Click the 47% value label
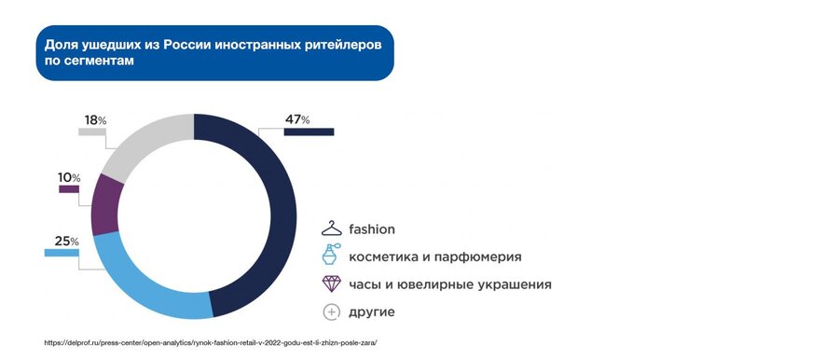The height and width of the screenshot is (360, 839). click(x=297, y=120)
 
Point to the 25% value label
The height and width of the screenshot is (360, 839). click(x=67, y=242)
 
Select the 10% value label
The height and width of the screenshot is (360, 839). click(x=69, y=178)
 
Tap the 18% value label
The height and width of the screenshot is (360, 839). click(x=95, y=120)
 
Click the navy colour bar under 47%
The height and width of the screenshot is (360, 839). click(x=309, y=132)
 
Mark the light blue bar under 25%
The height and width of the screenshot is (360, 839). click(x=62, y=253)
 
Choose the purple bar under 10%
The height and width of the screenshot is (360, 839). click(x=69, y=189)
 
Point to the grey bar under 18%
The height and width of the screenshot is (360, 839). click(x=92, y=132)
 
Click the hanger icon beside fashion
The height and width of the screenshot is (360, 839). click(x=331, y=228)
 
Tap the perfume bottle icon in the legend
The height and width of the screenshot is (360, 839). click(x=330, y=255)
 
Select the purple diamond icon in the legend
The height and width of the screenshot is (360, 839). click(x=331, y=284)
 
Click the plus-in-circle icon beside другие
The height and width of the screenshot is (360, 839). click(x=332, y=312)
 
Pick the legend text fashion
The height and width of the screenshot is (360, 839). click(x=372, y=229)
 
